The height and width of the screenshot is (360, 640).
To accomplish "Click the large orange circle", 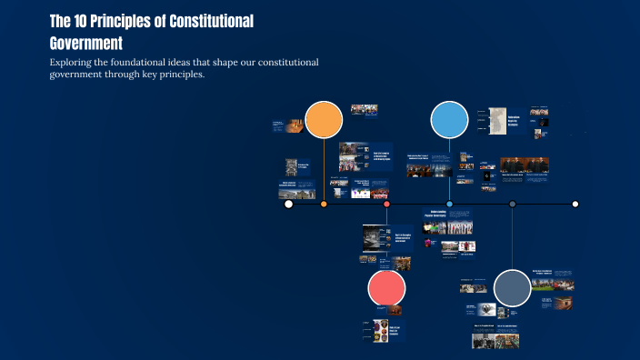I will point(324,120).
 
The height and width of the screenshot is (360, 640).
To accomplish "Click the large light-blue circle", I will point(449,120).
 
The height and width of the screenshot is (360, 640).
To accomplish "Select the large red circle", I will point(386,289).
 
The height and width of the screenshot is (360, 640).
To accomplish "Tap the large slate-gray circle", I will point(512,288).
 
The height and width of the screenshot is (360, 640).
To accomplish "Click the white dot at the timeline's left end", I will point(289,205).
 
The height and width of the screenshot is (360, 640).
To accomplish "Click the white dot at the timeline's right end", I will point(575,205).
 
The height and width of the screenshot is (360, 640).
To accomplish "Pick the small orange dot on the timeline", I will point(324,205).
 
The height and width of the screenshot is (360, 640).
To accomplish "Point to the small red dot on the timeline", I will point(386,205).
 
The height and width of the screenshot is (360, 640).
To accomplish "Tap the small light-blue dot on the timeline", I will point(449,205).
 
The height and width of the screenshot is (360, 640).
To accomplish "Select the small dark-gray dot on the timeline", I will point(513,205).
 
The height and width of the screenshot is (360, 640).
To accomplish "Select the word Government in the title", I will point(85,43).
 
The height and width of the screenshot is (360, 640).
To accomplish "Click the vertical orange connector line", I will point(324,173).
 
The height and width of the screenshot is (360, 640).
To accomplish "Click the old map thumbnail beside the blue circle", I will point(498,122).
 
